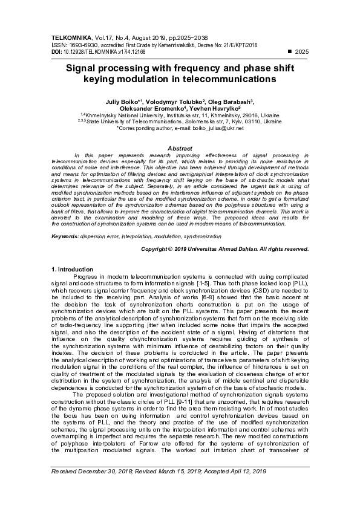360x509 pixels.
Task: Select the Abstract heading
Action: tap(180, 148)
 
